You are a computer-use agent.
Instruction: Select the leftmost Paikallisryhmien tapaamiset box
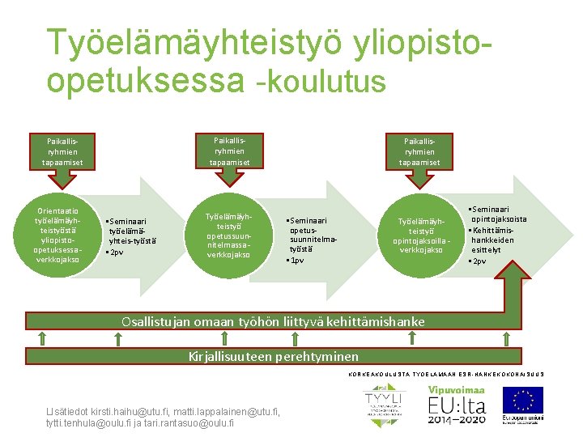pyautogui.click(x=62, y=151)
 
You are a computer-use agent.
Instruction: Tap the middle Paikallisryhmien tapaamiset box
pyautogui.click(x=230, y=151)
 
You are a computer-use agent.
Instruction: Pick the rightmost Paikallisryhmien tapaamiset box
pyautogui.click(x=419, y=151)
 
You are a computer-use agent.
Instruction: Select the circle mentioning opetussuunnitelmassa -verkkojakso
pyautogui.click(x=229, y=235)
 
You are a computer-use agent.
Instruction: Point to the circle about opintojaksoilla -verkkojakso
pyautogui.click(x=419, y=235)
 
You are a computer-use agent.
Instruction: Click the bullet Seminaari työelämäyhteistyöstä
pyautogui.click(x=132, y=230)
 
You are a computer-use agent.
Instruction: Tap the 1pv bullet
pyautogui.click(x=296, y=261)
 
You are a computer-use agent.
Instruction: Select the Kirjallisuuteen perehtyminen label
pyautogui.click(x=273, y=356)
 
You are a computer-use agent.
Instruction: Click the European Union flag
pyautogui.click(x=522, y=400)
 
